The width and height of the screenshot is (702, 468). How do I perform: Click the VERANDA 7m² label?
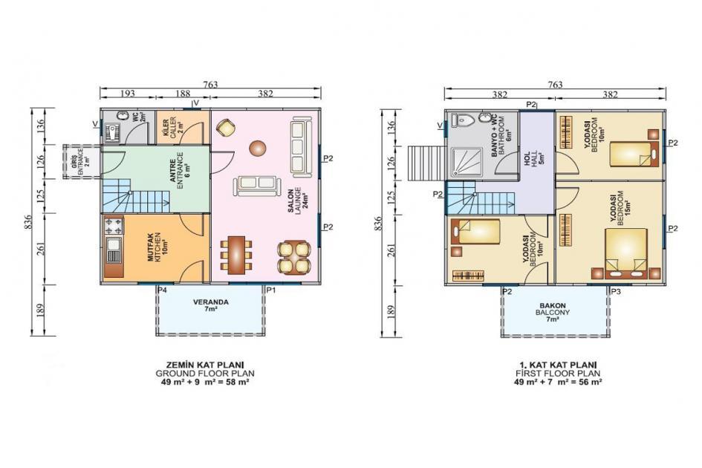pos(210,305)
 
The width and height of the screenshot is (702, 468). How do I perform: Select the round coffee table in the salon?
pos(257,148)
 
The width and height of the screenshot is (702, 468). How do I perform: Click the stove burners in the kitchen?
pos(114,223)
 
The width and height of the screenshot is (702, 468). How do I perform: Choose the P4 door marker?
pos(162,289)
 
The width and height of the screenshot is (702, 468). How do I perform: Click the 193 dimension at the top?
pos(128,94)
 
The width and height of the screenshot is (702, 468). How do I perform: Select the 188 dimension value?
pos(183,94)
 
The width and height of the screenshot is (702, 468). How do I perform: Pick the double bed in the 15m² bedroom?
pos(625,253)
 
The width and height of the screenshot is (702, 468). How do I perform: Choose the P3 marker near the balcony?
pos(615,292)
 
